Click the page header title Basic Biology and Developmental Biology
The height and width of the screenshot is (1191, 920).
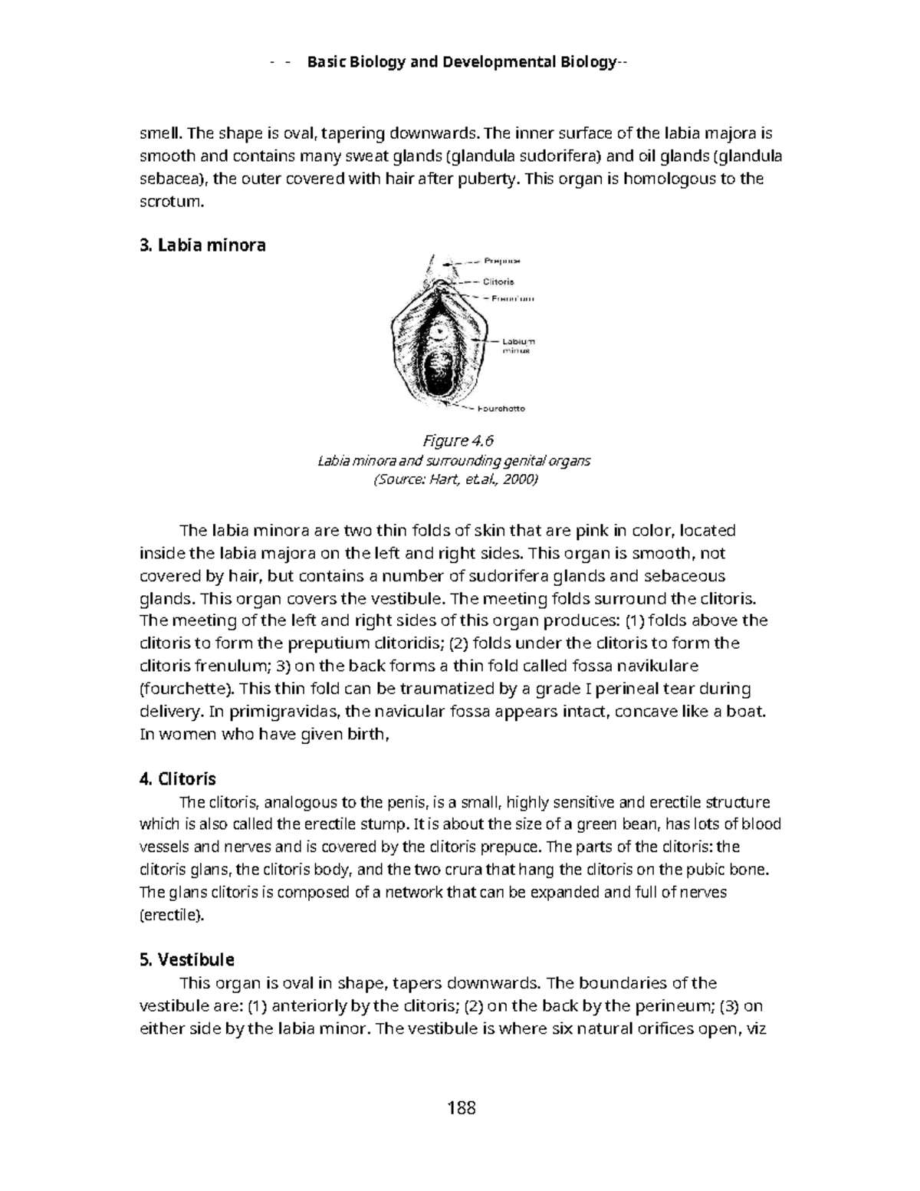coord(460,62)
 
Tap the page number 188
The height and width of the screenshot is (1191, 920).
coord(461,1107)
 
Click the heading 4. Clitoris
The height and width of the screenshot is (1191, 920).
coord(178,779)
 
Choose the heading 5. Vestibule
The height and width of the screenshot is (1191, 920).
coord(186,959)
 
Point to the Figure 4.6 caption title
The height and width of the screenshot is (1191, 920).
coord(458,440)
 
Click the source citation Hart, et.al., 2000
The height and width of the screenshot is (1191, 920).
coord(456,480)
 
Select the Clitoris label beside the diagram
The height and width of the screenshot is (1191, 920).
coord(498,281)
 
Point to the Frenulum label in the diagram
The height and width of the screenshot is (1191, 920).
coord(508,298)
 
